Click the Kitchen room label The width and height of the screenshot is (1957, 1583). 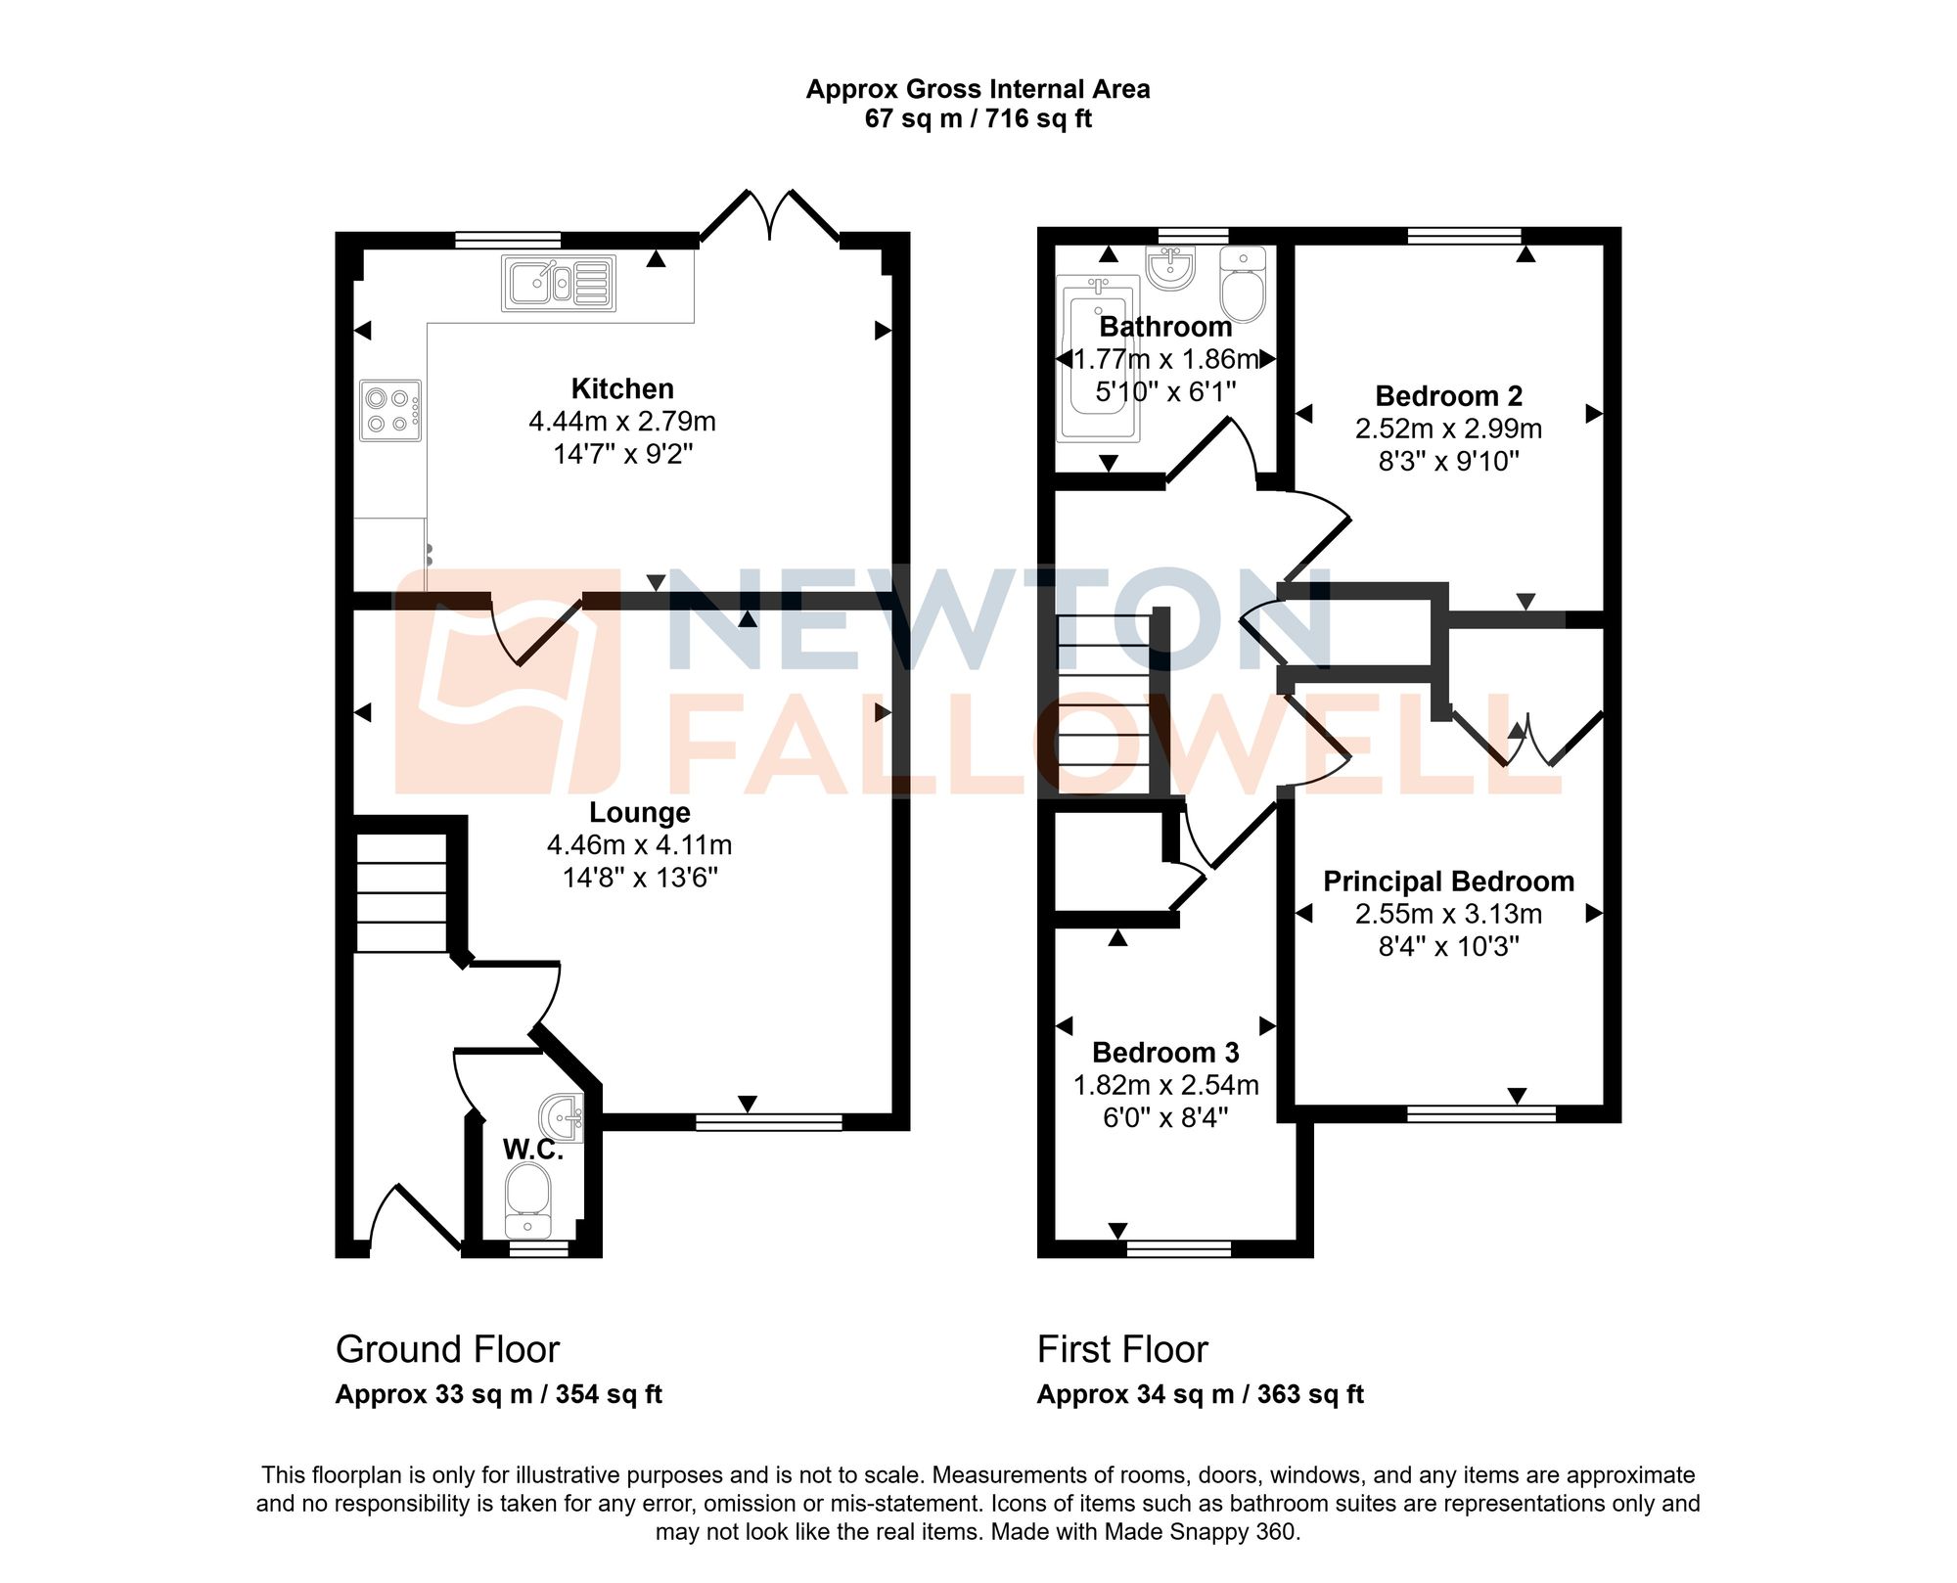622,389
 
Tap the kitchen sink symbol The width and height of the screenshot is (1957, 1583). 558,284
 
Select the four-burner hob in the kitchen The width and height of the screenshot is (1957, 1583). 389,411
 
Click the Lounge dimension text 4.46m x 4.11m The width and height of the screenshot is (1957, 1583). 639,845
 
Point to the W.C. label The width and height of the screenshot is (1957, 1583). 532,1150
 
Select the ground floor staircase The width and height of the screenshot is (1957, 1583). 401,892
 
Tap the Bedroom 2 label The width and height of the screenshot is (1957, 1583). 1448,396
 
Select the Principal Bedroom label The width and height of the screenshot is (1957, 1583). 1448,882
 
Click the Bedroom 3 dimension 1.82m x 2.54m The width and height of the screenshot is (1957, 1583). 1165,1085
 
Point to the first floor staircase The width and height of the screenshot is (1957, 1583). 1104,704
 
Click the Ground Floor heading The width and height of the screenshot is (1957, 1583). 447,1349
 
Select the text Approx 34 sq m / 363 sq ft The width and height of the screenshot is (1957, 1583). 1200,1394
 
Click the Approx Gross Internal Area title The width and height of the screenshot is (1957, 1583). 978,89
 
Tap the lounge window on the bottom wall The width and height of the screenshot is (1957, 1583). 768,1122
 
